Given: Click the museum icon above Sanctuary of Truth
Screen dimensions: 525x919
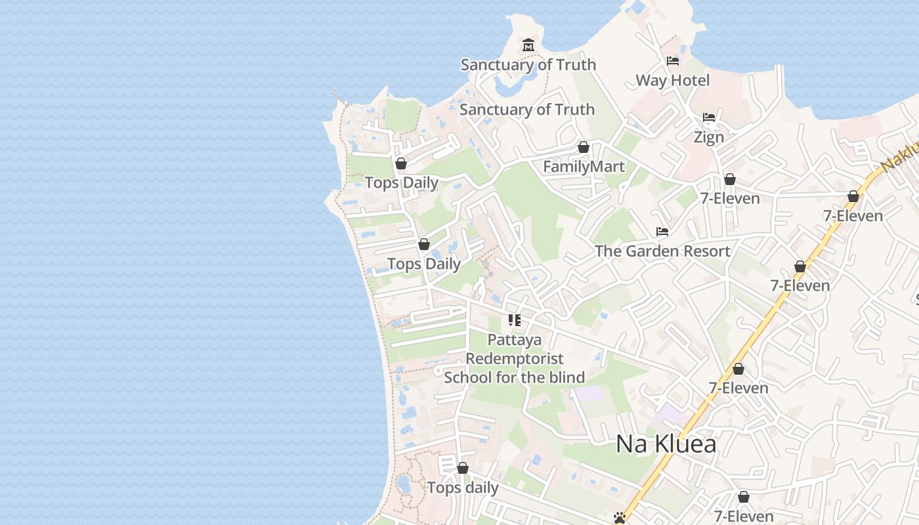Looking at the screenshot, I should [x=528, y=45].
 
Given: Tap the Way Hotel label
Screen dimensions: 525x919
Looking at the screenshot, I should [x=673, y=81].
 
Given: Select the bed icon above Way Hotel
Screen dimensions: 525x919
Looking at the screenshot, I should [x=673, y=61].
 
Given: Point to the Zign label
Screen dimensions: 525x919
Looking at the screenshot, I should [x=709, y=137].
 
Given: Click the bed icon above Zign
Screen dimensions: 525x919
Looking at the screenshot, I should [x=709, y=118].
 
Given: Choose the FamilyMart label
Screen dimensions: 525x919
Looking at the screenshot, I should [x=584, y=167].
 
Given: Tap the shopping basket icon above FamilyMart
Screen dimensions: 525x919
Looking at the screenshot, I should [x=584, y=147].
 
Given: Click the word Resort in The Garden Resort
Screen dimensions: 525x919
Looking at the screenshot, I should [x=705, y=251].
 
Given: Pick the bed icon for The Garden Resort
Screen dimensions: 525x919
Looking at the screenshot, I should [x=662, y=232].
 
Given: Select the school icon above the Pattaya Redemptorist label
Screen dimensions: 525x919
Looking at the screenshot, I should [x=515, y=320].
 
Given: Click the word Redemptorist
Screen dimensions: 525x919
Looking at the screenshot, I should [x=515, y=359].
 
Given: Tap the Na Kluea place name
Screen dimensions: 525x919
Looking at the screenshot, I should [x=666, y=444].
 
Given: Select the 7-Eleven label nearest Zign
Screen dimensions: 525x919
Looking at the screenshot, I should [x=730, y=198].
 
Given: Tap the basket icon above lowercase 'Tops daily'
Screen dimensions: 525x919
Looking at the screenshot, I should [x=463, y=468].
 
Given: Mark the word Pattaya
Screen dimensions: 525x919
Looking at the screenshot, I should [x=515, y=340].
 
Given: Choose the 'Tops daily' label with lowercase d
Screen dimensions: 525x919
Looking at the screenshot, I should [x=463, y=488].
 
